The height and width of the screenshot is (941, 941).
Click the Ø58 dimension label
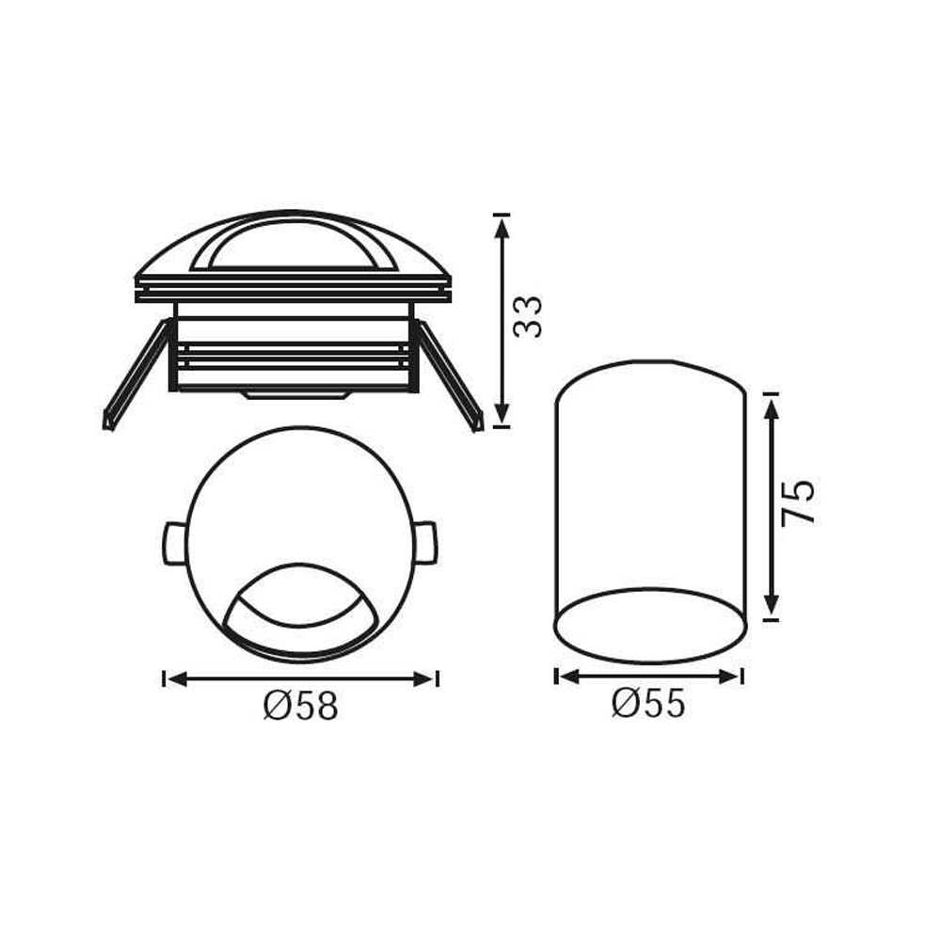click(301, 706)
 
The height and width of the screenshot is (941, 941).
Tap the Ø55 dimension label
click(648, 703)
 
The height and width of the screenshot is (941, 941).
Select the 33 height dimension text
click(529, 316)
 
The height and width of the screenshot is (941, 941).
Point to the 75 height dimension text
click(799, 502)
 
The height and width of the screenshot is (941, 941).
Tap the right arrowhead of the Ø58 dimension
click(424, 679)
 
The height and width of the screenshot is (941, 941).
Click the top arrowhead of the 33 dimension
click(502, 227)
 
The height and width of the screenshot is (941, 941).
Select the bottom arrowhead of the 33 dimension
click(502, 414)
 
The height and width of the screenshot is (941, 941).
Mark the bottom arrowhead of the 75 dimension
click(772, 605)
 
